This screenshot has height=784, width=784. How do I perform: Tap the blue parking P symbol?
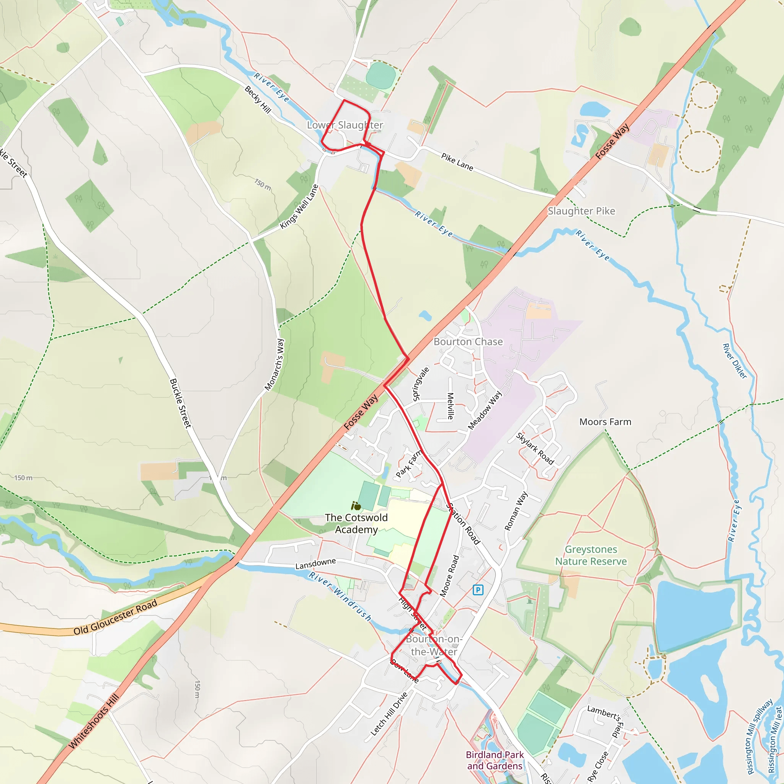478,590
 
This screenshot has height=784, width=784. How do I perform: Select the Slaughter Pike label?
581,211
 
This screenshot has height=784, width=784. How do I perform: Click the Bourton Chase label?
468,342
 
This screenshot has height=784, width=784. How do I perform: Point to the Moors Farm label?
605,422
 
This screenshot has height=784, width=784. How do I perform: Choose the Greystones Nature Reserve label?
591,555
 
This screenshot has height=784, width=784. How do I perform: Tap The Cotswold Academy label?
356,523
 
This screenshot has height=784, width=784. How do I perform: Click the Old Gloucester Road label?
115,617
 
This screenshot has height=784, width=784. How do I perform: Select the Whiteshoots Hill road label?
94,721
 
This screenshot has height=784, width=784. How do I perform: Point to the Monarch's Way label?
275,365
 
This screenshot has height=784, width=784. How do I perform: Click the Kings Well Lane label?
299,207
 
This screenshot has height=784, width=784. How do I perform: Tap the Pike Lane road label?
457,162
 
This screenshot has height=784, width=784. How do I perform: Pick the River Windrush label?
340,597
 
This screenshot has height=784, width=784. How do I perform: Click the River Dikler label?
735,361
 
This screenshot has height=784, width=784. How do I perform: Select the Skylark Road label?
535,448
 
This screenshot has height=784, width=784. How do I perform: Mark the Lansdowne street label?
315,563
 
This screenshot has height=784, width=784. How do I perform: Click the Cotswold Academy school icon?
356,506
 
